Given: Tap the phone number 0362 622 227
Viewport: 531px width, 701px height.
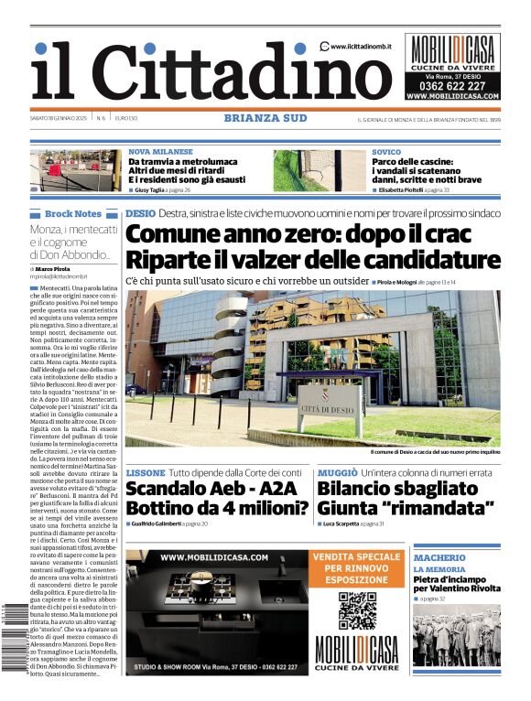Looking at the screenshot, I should [452, 85].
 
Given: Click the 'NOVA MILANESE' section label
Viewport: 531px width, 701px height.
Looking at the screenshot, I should [160, 152].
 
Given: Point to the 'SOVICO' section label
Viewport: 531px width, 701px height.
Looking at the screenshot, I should [386, 152].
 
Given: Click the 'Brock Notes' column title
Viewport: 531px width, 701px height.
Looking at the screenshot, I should [73, 213].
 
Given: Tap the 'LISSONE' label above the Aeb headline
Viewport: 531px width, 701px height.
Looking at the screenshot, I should [146, 472].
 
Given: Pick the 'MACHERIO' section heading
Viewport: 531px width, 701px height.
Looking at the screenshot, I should [439, 557].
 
